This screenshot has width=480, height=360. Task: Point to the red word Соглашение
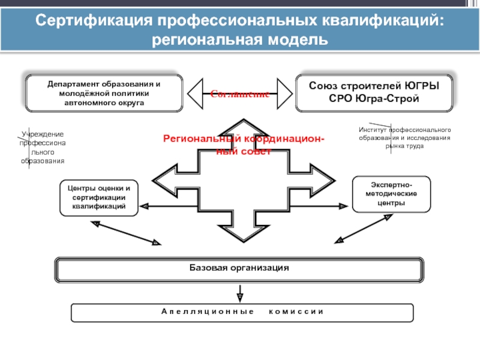coord(239,94)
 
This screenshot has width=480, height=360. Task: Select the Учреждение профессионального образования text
coord(42,148)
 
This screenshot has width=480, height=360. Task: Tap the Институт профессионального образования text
coord(404,138)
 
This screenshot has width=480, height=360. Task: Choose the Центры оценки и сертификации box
coord(99,197)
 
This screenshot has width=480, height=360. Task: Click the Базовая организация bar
coord(239,268)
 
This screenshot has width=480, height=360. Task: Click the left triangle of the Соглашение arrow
coord(199,94)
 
